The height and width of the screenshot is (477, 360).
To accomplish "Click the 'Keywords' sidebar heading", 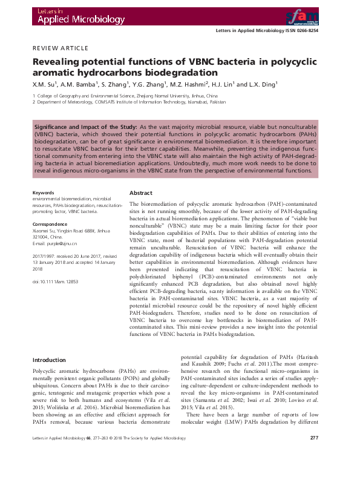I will point(43,193).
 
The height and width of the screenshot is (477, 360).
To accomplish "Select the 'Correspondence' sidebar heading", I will point(49,224).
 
